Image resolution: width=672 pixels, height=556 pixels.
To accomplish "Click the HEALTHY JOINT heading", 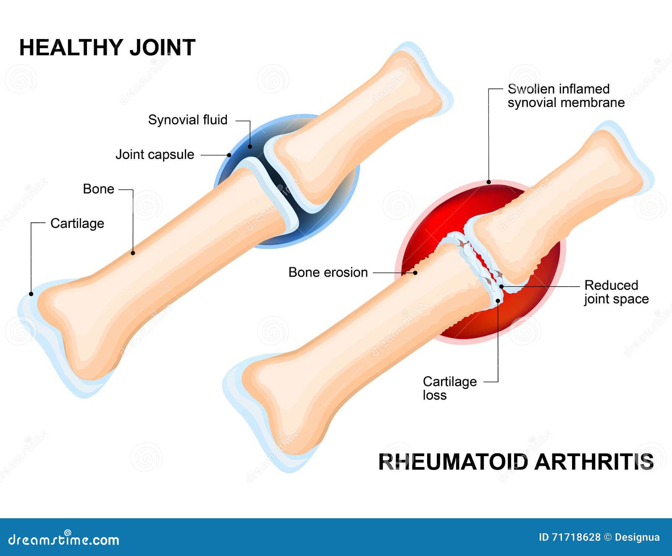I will tap(107, 47).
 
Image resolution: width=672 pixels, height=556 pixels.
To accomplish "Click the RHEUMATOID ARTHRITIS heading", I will tap(516, 462).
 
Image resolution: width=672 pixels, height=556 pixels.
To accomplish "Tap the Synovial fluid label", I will tap(188, 120).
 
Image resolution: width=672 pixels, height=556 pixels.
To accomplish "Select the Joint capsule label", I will tap(155, 154).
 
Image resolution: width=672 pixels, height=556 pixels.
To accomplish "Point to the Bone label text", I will tap(98, 189).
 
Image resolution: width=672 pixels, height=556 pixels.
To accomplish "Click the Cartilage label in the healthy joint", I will tap(77, 223).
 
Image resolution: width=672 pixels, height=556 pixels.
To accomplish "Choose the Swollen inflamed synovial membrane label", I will tap(566, 96).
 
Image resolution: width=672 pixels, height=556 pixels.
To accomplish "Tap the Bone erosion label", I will tap(328, 272).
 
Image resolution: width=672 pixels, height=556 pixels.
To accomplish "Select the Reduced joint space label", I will tap(616, 292).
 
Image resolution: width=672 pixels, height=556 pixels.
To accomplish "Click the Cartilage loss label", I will tap(449, 388).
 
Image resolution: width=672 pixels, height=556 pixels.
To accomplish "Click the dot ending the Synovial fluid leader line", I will tap(250, 146).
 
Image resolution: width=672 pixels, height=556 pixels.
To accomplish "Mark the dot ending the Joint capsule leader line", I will tap(229, 155).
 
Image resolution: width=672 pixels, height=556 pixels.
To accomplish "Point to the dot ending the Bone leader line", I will tap(133, 253).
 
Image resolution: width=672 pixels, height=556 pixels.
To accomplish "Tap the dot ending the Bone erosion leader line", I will tap(415, 273).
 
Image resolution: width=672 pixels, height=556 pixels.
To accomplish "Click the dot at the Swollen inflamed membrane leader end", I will tap(488, 182).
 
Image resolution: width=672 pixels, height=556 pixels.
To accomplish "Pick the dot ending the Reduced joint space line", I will tap(501, 287).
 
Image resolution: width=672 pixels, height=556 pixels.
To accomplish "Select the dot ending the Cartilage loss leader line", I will tap(498, 300).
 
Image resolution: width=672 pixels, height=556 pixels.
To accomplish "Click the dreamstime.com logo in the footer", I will tap(64, 539).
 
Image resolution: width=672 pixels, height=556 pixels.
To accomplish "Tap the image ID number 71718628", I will tap(575, 537).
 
